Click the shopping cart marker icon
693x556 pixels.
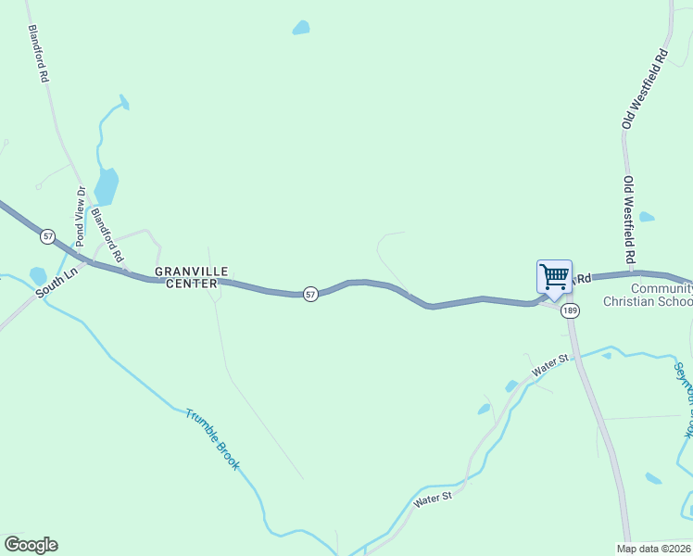[x=554, y=276]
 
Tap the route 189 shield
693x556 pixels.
[x=570, y=310]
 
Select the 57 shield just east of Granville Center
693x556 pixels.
[x=310, y=294]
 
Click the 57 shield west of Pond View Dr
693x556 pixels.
[x=47, y=236]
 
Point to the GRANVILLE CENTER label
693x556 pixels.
[x=185, y=277]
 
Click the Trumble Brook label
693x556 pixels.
[x=212, y=438]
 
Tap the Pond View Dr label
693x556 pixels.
[x=80, y=216]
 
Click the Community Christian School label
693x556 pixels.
[x=648, y=295]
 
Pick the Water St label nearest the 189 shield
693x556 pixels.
[x=549, y=365]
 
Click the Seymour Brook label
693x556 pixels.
[x=684, y=398]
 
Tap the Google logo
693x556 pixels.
[x=31, y=545]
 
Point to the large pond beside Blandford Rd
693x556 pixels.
[x=107, y=185]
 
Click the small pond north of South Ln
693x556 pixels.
[x=38, y=275]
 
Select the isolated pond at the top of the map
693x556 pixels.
[x=301, y=28]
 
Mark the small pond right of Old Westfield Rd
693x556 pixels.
[x=647, y=217]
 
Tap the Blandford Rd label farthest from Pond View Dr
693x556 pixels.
[x=38, y=54]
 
